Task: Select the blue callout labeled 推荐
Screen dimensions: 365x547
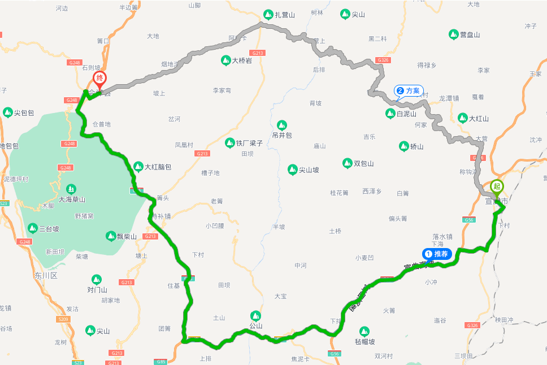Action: pos(437,254)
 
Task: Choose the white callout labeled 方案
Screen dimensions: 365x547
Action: pos(409,91)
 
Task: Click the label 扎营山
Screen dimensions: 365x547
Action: pos(285,15)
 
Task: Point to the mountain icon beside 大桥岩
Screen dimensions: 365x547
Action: pos(225,60)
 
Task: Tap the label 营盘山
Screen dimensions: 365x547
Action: pos(470,34)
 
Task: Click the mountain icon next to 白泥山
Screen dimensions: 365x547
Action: pos(390,114)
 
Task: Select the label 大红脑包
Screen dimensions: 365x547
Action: pos(158,167)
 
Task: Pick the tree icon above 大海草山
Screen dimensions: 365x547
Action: pos(71,189)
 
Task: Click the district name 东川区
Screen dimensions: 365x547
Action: pos(46,275)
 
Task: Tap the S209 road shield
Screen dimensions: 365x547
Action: pos(63,319)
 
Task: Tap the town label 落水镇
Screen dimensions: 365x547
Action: pos(442,236)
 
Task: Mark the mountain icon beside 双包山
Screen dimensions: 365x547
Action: pos(347,163)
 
